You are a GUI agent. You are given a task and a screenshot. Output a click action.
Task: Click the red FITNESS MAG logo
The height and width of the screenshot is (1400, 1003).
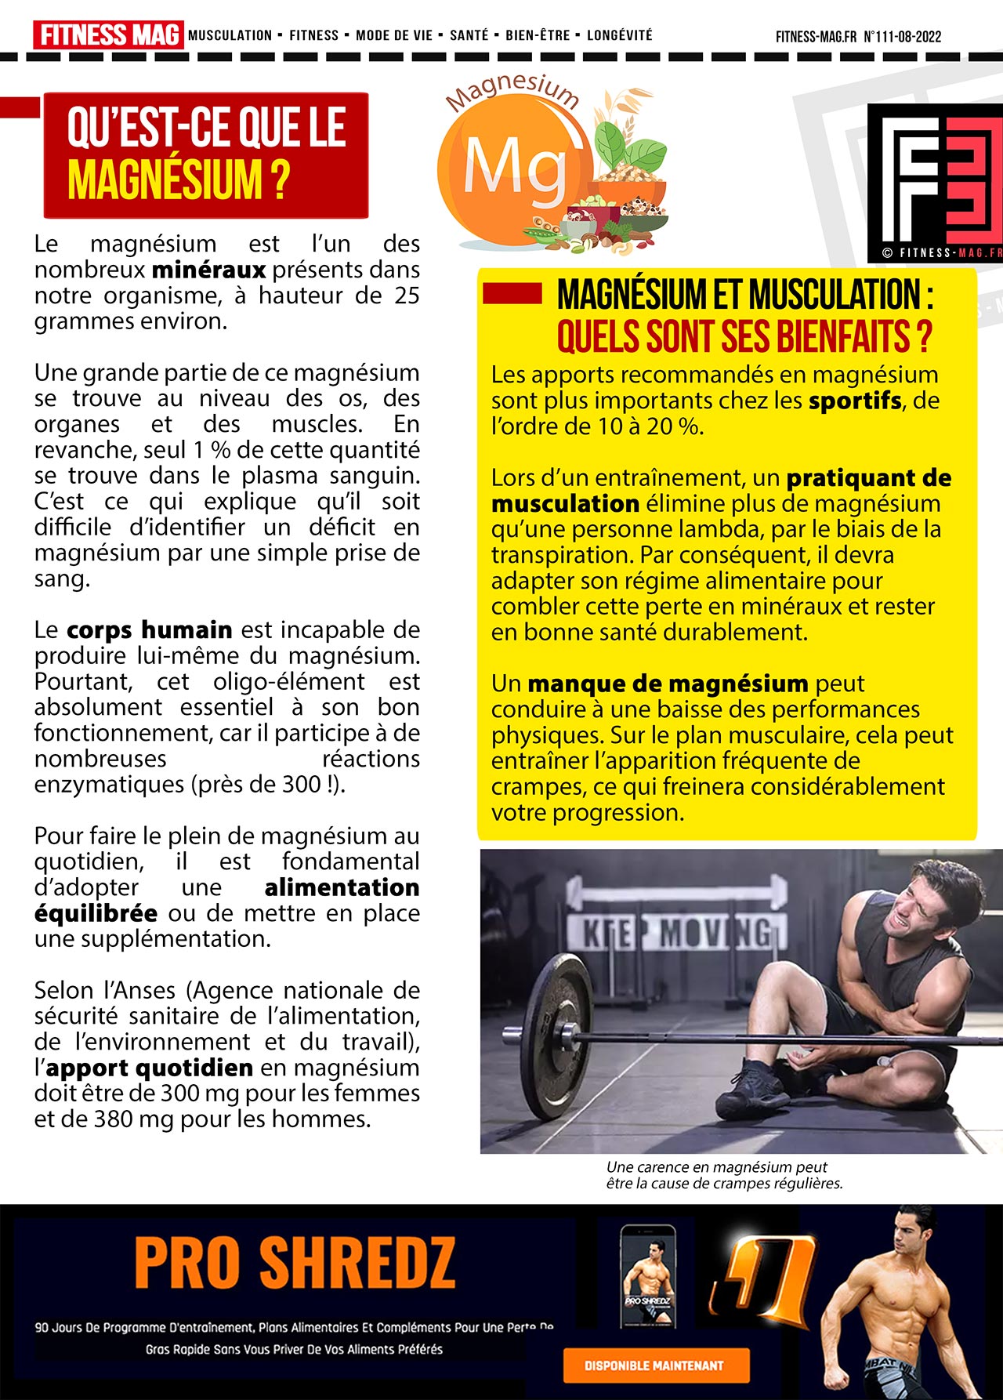click(x=108, y=35)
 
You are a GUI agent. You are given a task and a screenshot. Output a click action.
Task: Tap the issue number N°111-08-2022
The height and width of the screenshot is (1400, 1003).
click(x=902, y=37)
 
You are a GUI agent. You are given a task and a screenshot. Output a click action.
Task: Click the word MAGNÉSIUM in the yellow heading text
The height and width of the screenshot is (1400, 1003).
click(x=165, y=180)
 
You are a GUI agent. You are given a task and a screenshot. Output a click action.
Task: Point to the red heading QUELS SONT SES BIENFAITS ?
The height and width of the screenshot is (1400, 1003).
click(x=744, y=336)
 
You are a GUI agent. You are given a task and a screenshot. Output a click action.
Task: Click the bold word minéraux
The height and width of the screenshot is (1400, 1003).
click(x=208, y=270)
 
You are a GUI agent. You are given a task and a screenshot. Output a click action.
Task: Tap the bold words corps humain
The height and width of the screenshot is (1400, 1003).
click(x=149, y=630)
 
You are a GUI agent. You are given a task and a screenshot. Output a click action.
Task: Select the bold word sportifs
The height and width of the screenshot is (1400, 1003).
click(x=855, y=401)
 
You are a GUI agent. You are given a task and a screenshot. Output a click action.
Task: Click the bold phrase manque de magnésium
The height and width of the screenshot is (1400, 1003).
click(x=668, y=684)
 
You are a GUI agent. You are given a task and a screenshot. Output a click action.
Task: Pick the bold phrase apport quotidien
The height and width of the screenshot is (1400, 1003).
click(x=149, y=1068)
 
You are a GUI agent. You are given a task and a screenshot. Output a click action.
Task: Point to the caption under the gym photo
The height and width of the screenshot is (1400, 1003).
click(x=723, y=1175)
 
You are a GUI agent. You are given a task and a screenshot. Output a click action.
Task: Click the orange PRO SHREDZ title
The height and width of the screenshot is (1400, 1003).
click(x=294, y=1263)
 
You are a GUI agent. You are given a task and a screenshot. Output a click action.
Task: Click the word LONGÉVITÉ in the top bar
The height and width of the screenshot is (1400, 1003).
click(x=619, y=35)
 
